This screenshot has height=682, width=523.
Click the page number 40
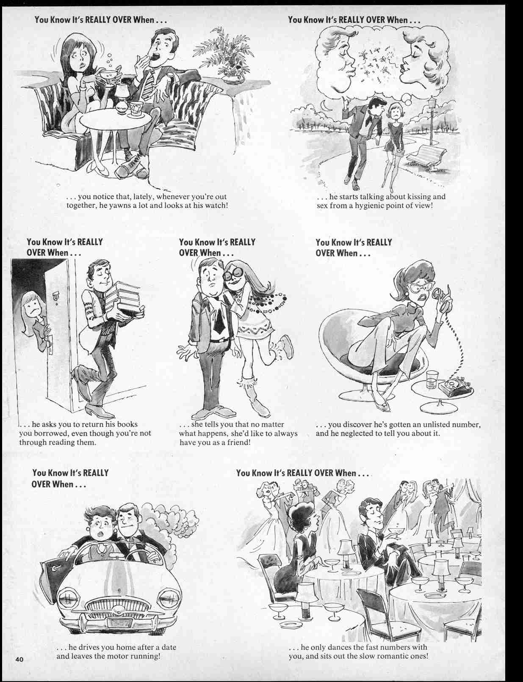[19, 660]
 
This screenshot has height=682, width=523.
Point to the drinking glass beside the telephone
[432, 379]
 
